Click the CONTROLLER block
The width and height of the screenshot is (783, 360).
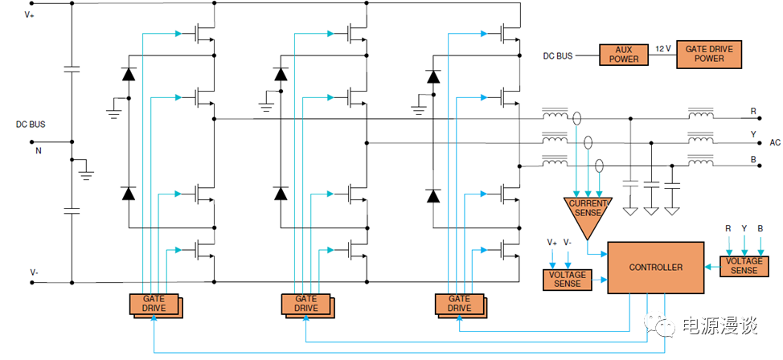655,267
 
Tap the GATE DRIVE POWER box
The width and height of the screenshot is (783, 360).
710,55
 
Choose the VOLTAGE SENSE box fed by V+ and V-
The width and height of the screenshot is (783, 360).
567,279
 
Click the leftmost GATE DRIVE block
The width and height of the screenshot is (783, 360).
154,304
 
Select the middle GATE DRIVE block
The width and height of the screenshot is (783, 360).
305,304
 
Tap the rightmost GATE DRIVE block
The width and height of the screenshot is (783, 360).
458,304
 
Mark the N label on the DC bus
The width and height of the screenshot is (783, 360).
36,149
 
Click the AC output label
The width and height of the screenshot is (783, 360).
775,142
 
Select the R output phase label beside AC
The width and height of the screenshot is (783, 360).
753,111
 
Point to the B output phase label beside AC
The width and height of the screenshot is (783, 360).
753,159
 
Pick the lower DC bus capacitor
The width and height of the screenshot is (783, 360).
72,211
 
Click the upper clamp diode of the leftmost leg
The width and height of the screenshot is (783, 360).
128,75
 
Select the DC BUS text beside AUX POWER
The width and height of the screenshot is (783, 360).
558,55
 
